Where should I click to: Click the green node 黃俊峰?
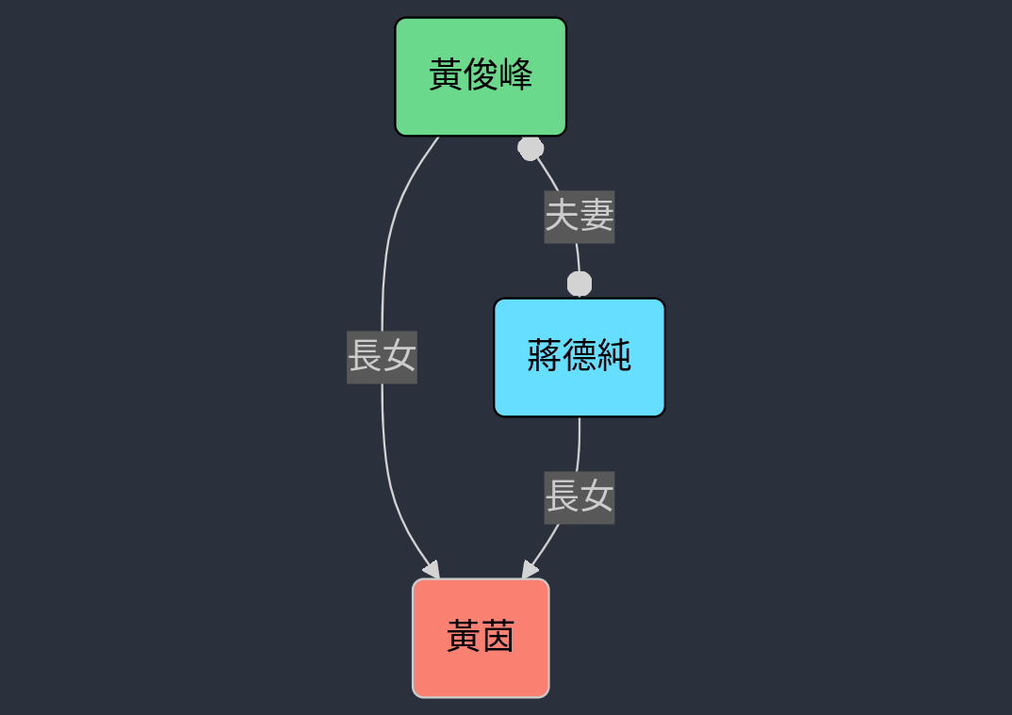[x=481, y=76]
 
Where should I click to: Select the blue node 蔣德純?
[x=579, y=357]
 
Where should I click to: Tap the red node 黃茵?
[x=481, y=638]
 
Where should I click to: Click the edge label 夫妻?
[x=579, y=217]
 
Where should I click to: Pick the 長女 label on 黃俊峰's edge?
[x=382, y=357]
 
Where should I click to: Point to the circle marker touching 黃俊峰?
[x=530, y=148]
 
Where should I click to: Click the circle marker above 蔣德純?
[x=579, y=284]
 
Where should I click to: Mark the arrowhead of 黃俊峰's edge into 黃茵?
[x=433, y=571]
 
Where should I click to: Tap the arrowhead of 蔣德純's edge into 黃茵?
[x=529, y=571]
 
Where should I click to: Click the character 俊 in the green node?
[x=481, y=75]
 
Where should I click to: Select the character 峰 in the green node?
[x=515, y=75]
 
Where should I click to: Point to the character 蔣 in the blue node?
[x=545, y=357]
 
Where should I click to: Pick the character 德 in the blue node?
[x=579, y=357]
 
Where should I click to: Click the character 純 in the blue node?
[x=614, y=357]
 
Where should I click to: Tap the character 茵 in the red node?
[x=498, y=639]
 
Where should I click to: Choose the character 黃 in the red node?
[x=464, y=639]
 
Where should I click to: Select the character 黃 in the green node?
[x=446, y=75]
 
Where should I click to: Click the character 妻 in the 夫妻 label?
[x=596, y=217]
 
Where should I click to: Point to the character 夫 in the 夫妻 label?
[x=563, y=217]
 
